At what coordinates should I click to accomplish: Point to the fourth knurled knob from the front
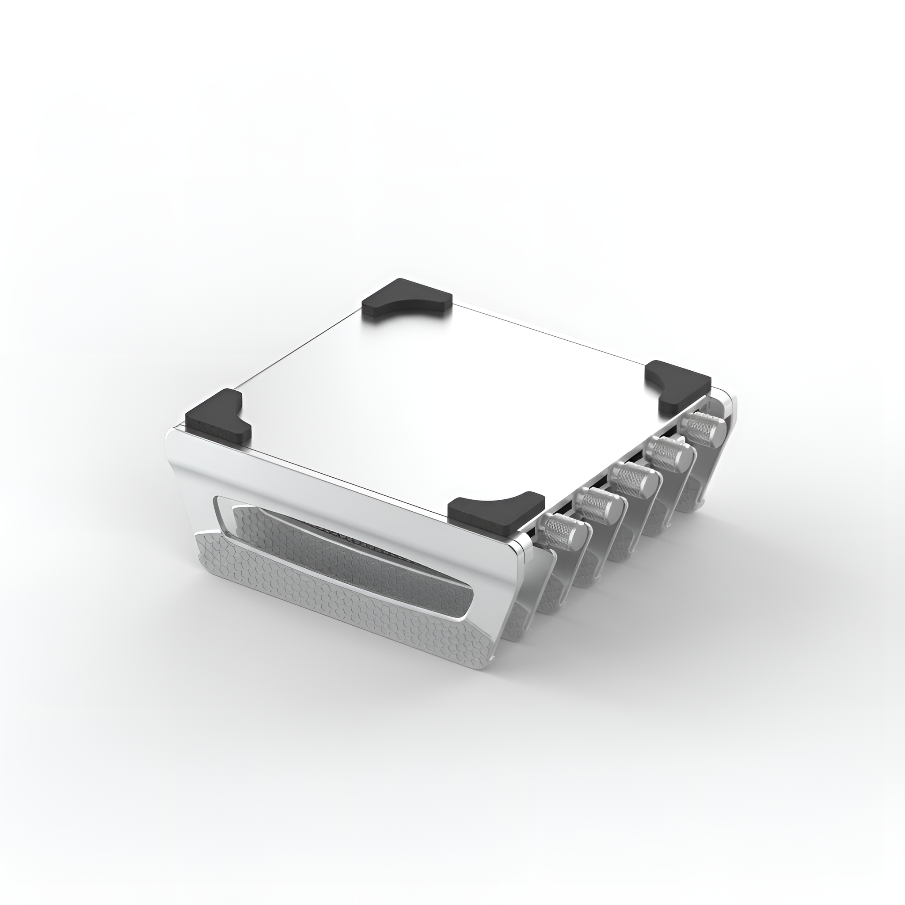[x=668, y=454]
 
